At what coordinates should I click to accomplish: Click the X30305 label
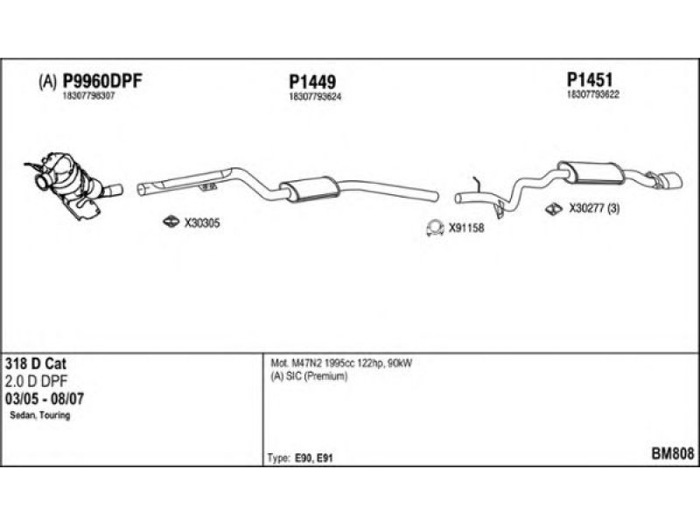(x=202, y=223)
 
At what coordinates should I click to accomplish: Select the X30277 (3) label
(x=594, y=209)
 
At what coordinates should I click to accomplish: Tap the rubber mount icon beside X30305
(x=172, y=222)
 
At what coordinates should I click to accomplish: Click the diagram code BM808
(x=673, y=453)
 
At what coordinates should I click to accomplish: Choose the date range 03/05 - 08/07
(x=43, y=398)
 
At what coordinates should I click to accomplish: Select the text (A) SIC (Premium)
(x=310, y=376)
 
